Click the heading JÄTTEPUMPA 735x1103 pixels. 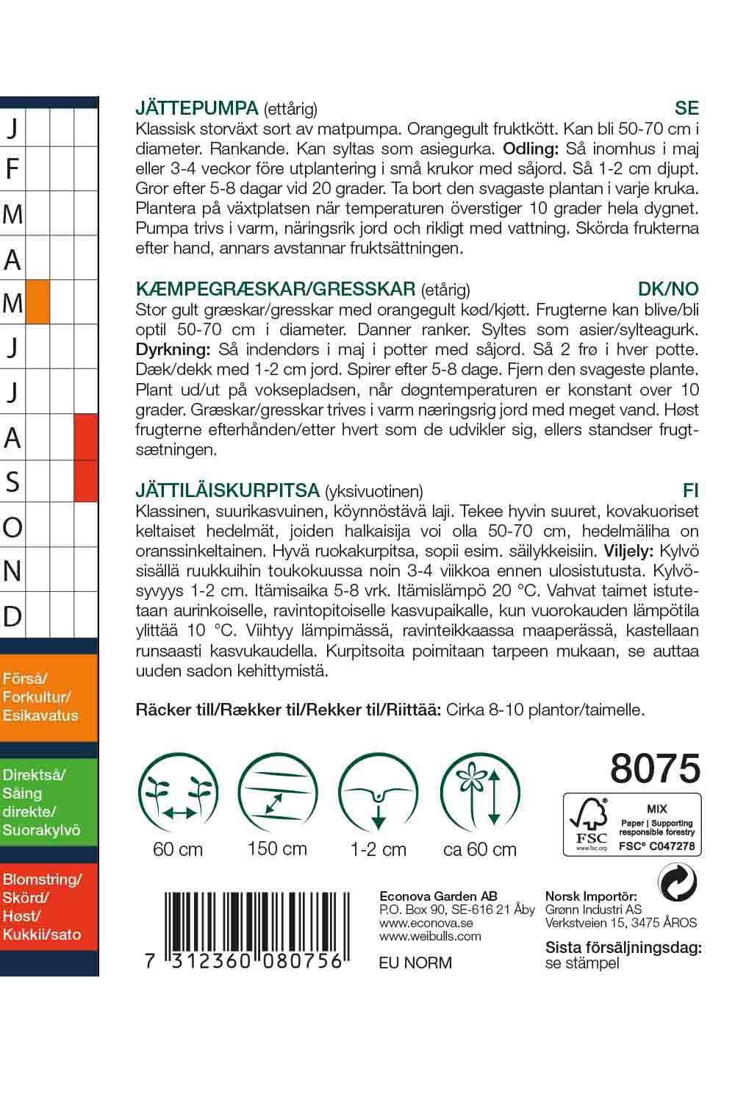point(197,108)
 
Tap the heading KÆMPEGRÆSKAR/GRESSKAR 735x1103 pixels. point(276,288)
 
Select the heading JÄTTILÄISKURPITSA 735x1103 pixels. point(227,490)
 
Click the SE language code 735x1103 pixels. point(686,108)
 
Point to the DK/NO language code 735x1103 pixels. point(668,288)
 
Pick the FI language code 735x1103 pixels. point(690,490)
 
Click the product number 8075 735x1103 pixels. point(655,768)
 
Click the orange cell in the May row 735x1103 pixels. point(37,302)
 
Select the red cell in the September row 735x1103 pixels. point(86,482)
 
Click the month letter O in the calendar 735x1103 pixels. point(12,526)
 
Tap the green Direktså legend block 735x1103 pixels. point(49,802)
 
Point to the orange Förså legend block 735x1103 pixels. point(49,696)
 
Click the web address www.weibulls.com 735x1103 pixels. point(430,936)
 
